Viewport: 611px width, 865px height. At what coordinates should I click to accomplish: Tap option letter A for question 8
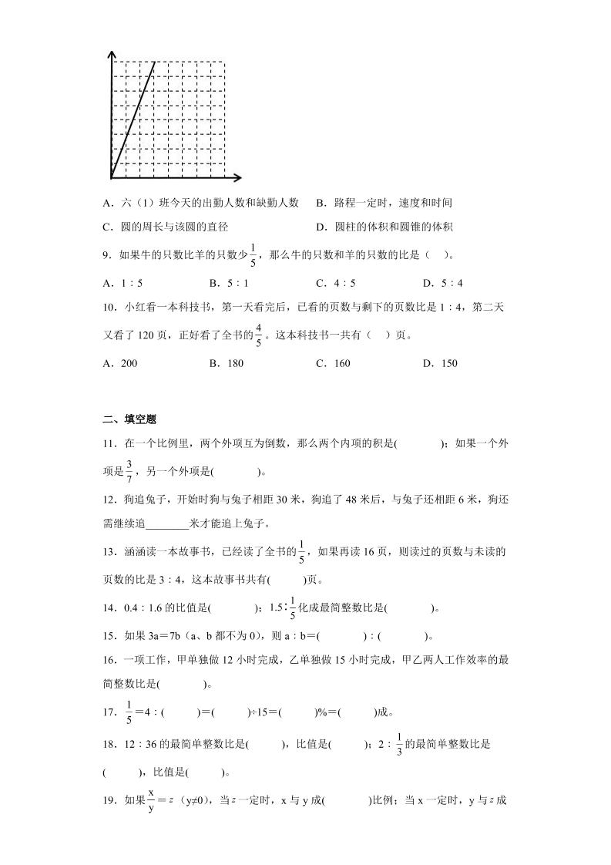point(107,203)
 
